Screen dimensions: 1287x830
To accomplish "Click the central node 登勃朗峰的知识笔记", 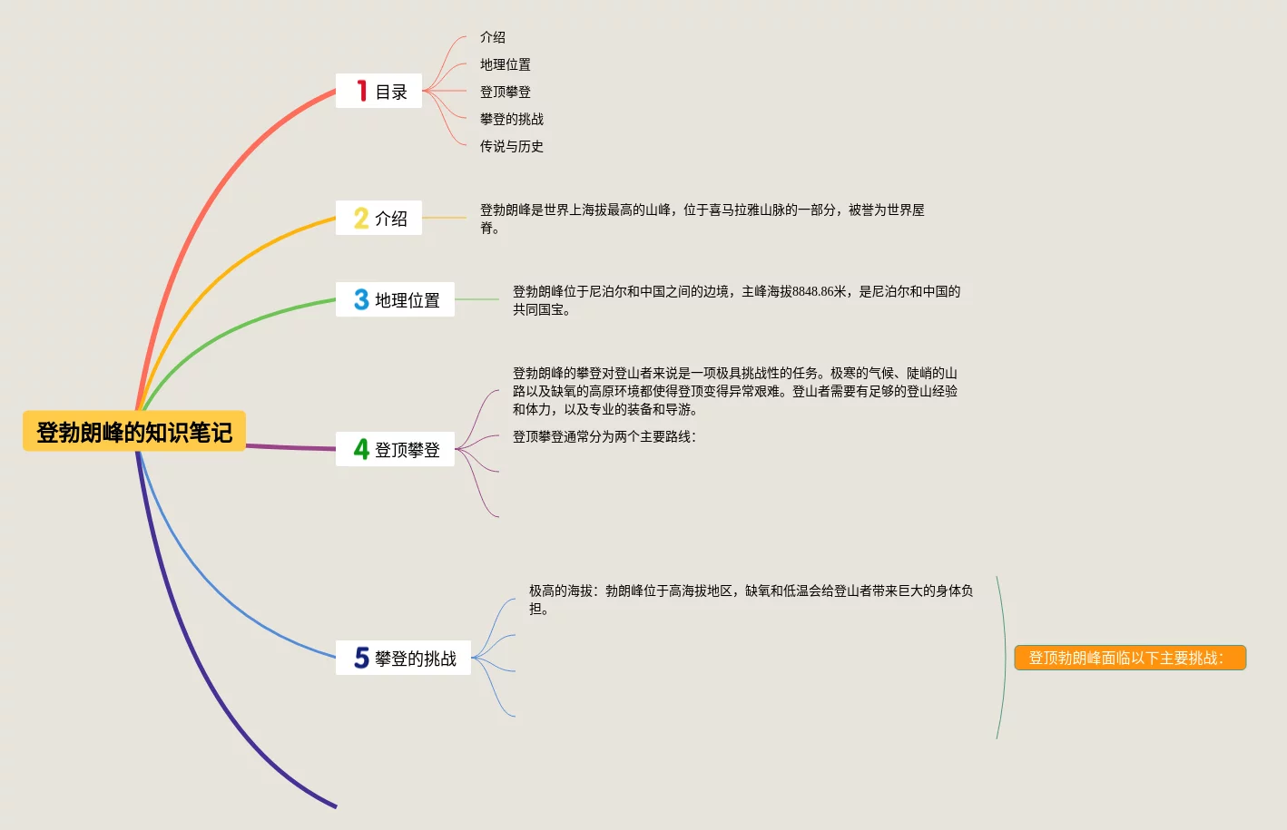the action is click(x=134, y=432).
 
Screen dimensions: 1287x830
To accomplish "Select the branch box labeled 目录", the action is click(x=378, y=91).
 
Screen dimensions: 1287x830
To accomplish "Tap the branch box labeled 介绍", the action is click(x=378, y=218).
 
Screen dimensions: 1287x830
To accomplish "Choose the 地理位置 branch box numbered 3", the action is click(x=395, y=299).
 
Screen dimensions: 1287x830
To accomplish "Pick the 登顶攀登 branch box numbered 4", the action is click(x=395, y=449).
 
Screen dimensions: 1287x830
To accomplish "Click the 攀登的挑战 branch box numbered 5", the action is click(x=403, y=658).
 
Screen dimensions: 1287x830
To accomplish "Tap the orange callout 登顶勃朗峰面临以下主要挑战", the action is click(x=1129, y=658).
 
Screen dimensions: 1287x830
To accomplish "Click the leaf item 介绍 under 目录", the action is click(x=493, y=37).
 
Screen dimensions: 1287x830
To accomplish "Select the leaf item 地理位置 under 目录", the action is click(x=506, y=64).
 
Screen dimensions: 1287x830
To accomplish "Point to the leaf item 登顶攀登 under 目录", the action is click(x=506, y=92).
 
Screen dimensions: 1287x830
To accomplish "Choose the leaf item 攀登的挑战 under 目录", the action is click(x=512, y=119).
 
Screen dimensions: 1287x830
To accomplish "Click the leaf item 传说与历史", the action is click(x=512, y=146).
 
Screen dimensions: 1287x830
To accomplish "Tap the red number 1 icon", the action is click(x=361, y=91).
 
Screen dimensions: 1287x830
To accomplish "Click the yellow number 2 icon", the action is click(x=361, y=218).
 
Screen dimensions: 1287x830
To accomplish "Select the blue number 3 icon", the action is click(x=361, y=299).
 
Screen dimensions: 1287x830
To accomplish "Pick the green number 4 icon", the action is click(x=361, y=449).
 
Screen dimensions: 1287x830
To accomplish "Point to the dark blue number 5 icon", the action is click(x=361, y=658).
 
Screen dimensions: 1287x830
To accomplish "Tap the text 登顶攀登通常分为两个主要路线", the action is click(x=604, y=436).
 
